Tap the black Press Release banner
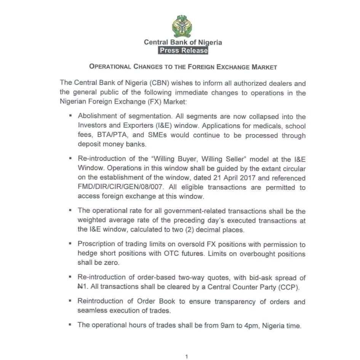click(x=183, y=50)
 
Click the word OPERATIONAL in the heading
click(x=110, y=67)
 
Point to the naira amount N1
click(x=83, y=287)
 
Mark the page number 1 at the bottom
click(x=186, y=357)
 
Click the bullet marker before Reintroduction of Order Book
click(x=70, y=301)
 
